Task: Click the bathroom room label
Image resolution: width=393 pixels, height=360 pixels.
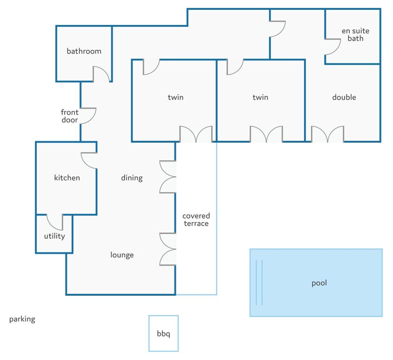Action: click(x=84, y=51)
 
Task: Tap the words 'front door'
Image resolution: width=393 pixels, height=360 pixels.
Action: click(x=70, y=116)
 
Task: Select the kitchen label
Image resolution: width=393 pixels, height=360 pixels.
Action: click(x=67, y=178)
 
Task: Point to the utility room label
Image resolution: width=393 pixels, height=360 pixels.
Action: click(x=54, y=236)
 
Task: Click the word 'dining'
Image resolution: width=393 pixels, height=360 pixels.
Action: click(x=132, y=178)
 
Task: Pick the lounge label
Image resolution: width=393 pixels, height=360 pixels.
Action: click(x=122, y=255)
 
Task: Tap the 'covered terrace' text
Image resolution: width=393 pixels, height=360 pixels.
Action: click(x=196, y=219)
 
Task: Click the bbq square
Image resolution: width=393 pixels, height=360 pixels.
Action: click(x=163, y=333)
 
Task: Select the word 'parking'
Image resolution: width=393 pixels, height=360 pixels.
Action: click(x=22, y=319)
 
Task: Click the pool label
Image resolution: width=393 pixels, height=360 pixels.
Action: click(x=319, y=283)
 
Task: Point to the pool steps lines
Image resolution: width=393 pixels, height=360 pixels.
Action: click(x=259, y=283)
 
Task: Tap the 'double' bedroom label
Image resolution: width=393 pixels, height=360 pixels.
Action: click(x=344, y=97)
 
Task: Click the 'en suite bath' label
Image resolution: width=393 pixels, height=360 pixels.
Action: click(x=355, y=35)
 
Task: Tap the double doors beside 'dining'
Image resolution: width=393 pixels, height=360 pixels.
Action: click(x=167, y=177)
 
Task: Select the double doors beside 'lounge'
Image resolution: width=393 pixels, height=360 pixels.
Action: click(x=167, y=249)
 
